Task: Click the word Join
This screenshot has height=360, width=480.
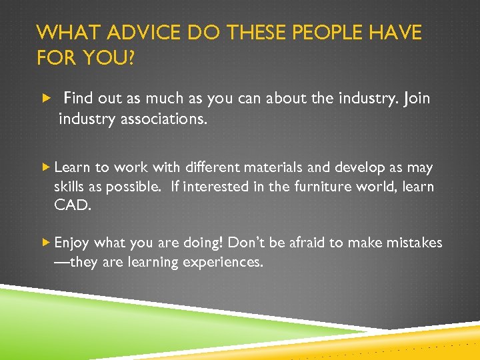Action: point(416,99)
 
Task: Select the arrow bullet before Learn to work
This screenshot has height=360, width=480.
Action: point(45,167)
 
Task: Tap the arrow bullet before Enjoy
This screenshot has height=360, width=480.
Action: point(45,243)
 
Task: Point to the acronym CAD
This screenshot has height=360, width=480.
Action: point(71,205)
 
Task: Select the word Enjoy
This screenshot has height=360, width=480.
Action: point(73,243)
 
